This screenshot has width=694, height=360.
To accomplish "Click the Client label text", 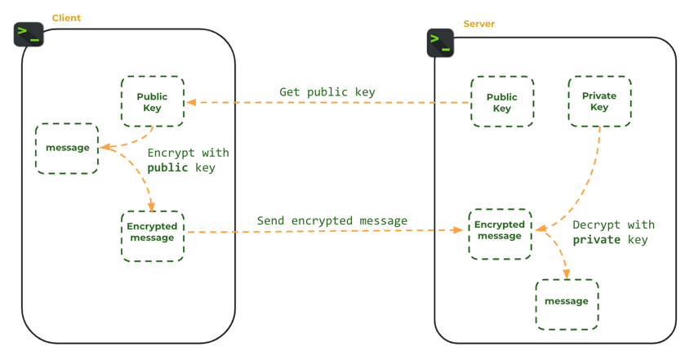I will (66, 18).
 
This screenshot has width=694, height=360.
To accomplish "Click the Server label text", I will (478, 24).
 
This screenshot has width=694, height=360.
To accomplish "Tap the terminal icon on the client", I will (29, 34).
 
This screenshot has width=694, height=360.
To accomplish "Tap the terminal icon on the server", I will (440, 42).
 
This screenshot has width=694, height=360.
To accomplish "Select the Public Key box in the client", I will (153, 102).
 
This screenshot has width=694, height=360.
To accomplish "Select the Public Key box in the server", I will (502, 102).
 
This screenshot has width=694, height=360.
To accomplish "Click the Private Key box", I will (599, 102).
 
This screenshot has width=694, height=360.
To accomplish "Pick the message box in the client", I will (67, 149).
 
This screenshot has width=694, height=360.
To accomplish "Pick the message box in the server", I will (567, 304).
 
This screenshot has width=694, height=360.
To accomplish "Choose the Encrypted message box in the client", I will (153, 237).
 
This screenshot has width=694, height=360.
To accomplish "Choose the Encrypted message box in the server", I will (500, 234).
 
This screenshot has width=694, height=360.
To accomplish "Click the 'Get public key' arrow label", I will (327, 92).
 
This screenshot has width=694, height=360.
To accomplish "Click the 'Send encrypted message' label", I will (331, 220).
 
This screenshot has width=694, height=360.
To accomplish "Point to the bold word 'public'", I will (167, 168).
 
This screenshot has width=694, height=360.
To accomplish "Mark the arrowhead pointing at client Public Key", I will (190, 102).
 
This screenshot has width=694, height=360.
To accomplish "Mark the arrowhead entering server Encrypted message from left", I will (459, 230).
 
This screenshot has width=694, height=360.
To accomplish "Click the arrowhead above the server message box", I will (567, 275).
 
